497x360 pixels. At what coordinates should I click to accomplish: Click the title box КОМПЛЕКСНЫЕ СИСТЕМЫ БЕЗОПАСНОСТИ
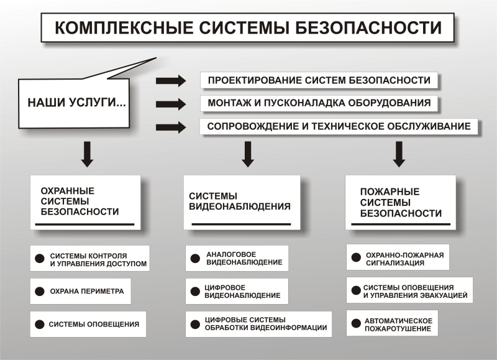247,27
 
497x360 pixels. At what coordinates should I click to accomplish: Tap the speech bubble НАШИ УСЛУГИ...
74,103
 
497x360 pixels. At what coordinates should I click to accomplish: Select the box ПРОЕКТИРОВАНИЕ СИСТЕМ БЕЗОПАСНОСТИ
319,80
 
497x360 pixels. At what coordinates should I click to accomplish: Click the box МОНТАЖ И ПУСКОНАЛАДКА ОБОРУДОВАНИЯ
319,103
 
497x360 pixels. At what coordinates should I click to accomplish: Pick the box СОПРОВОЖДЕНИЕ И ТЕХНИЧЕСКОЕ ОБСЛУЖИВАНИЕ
339,127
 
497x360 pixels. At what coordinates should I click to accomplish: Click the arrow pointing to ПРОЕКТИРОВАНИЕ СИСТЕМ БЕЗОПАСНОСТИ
171,81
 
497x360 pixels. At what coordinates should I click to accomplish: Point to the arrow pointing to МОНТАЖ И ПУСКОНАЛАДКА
171,104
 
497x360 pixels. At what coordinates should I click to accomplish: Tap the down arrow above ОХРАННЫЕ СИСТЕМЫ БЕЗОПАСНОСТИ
87,154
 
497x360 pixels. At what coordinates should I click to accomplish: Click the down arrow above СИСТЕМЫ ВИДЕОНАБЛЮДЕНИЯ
248,154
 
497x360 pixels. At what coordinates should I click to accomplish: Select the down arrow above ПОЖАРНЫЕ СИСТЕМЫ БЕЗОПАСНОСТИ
399,154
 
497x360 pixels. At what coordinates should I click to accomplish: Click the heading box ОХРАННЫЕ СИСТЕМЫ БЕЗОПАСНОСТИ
85,202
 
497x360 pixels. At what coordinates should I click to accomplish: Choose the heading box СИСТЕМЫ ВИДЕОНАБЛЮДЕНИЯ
242,202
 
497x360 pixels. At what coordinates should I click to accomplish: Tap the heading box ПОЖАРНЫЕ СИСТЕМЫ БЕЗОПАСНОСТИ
401,202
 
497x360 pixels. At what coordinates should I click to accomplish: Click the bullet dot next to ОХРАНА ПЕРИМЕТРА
40,291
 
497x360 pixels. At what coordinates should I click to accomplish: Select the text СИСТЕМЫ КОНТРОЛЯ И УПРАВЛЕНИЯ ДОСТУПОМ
98,260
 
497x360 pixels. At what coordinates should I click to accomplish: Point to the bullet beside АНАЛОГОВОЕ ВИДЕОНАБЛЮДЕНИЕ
195,258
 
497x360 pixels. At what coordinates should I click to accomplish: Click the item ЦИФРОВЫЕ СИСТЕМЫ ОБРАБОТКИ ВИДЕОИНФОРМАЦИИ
258,324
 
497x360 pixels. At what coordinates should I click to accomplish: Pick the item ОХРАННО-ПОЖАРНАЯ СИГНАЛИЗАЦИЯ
398,257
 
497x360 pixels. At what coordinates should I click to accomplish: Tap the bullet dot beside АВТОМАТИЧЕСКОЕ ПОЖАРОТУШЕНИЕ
356,323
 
